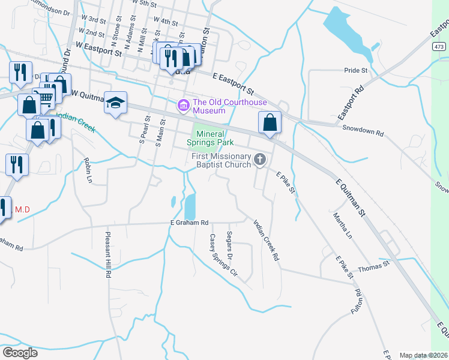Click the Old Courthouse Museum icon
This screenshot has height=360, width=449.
pos(183,106)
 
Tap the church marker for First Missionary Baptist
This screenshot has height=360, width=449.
pos(260,159)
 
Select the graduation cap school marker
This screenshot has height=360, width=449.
pos(116,102)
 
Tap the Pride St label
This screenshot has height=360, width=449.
pos(355,70)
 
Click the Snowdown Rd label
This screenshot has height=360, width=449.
pos(363,128)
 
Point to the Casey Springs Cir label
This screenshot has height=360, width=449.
pos(223,255)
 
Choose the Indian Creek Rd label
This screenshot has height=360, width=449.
pos(267,239)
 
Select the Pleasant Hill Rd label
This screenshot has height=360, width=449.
pos(108,255)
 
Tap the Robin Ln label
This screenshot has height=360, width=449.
pos(88,170)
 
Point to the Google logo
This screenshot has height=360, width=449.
pos(20,352)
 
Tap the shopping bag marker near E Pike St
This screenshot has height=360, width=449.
pos(270,122)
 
